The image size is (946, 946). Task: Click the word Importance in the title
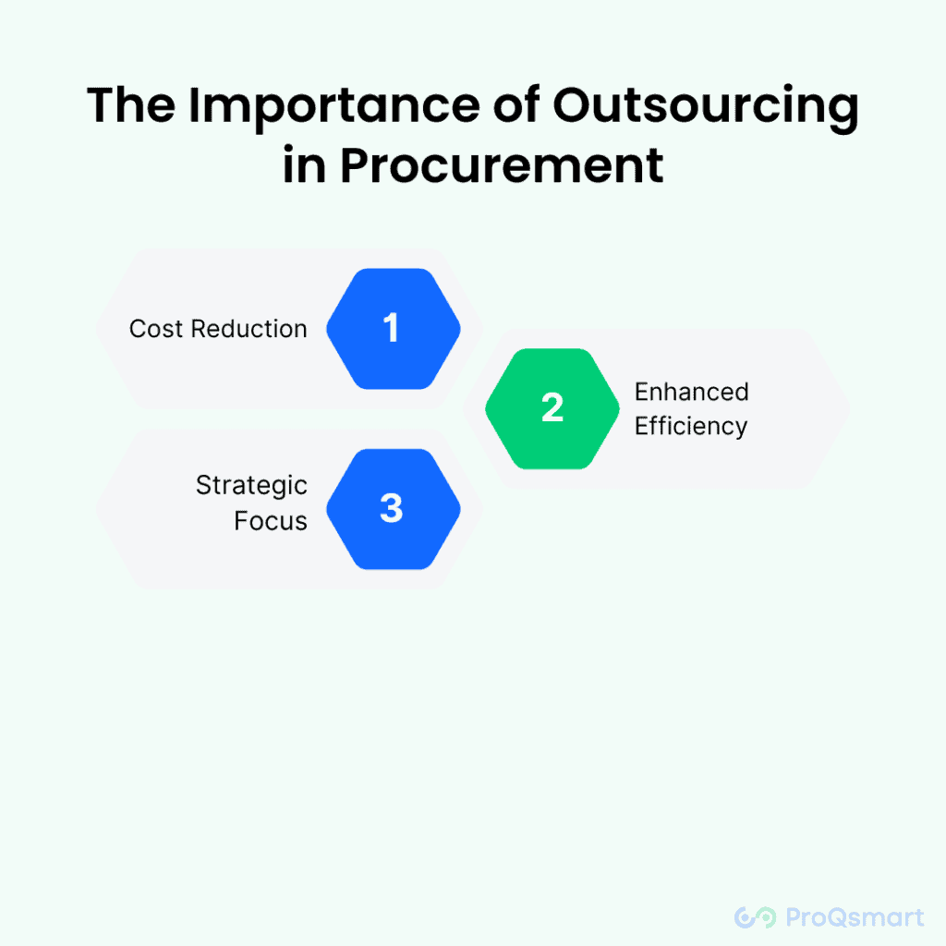(x=334, y=107)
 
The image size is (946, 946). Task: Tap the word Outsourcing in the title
(x=705, y=107)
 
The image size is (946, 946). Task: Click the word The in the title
(x=131, y=105)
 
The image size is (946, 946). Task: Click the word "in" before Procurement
(x=304, y=164)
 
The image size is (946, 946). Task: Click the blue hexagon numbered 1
(x=394, y=329)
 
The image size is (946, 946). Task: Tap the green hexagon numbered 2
(x=552, y=408)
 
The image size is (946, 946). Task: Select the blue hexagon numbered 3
(x=394, y=509)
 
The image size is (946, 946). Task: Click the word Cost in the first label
(x=155, y=329)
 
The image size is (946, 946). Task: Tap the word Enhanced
(x=691, y=392)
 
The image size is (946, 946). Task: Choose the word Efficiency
(x=691, y=427)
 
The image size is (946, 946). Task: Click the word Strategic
(x=251, y=486)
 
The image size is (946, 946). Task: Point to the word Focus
(x=271, y=521)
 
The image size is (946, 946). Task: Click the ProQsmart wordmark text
(x=855, y=917)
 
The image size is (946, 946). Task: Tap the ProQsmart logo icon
(x=756, y=917)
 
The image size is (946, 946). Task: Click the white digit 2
(x=552, y=407)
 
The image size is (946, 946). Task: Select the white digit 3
(x=392, y=507)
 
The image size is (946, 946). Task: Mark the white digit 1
(x=391, y=328)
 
